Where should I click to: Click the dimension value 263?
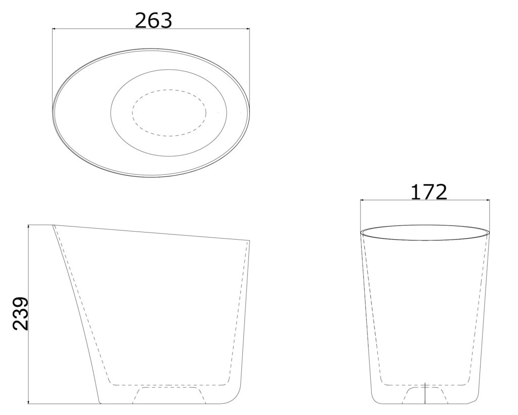coord(154,21)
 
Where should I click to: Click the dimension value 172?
coord(428,192)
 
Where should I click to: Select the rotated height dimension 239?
coord(20,313)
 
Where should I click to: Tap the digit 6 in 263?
coord(154,21)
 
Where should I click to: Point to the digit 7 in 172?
coord(429,192)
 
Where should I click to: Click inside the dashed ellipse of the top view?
coord(169,113)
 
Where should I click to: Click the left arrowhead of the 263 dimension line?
coord(55,29)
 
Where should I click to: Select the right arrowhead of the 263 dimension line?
coord(247,29)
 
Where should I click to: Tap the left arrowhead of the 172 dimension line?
coord(362,200)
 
